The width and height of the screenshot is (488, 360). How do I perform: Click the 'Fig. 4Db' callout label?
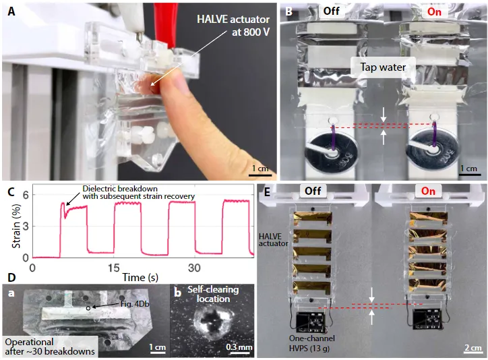pyautogui.click(x=119, y=305)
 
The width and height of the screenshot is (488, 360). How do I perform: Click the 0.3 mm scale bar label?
pyautogui.click(x=237, y=347)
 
